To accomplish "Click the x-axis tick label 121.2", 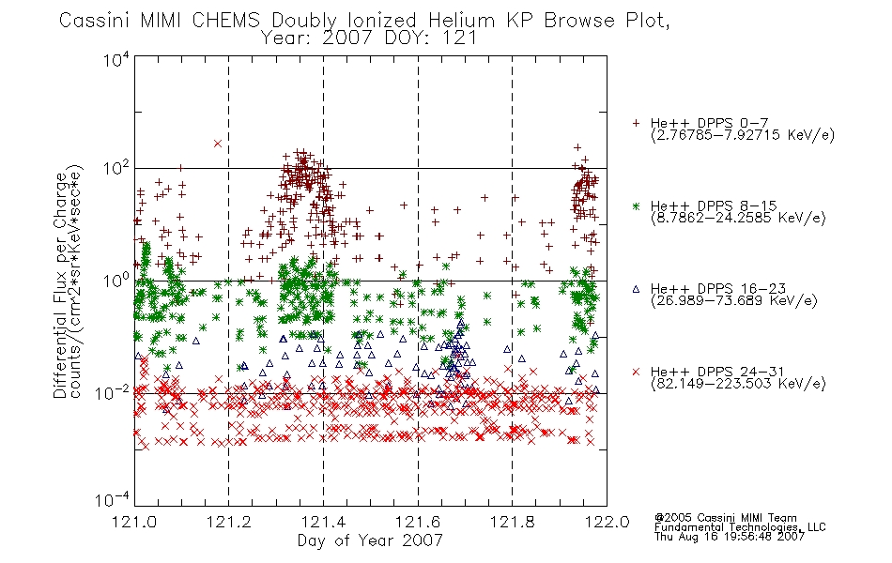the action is [229, 522].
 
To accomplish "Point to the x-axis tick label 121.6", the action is [418, 522].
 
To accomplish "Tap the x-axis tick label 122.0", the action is [607, 522].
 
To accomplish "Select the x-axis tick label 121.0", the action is [135, 522].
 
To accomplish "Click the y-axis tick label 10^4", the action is [115, 59].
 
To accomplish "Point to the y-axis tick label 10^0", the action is [115, 281].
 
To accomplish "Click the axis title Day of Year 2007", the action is [370, 540].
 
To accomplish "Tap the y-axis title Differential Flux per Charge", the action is [60, 285].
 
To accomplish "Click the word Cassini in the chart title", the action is [96, 21].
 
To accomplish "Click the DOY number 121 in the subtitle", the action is [458, 38].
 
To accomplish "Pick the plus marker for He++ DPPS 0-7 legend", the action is [636, 123].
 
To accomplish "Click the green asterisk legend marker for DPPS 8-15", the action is [636, 205].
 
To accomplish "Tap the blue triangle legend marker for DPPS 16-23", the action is [636, 289].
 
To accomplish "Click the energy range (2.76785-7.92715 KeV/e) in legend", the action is [743, 135].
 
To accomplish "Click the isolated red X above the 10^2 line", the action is [217, 144].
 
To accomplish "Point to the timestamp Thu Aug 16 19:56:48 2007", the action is [730, 537].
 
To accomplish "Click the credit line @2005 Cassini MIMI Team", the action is [725, 518].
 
